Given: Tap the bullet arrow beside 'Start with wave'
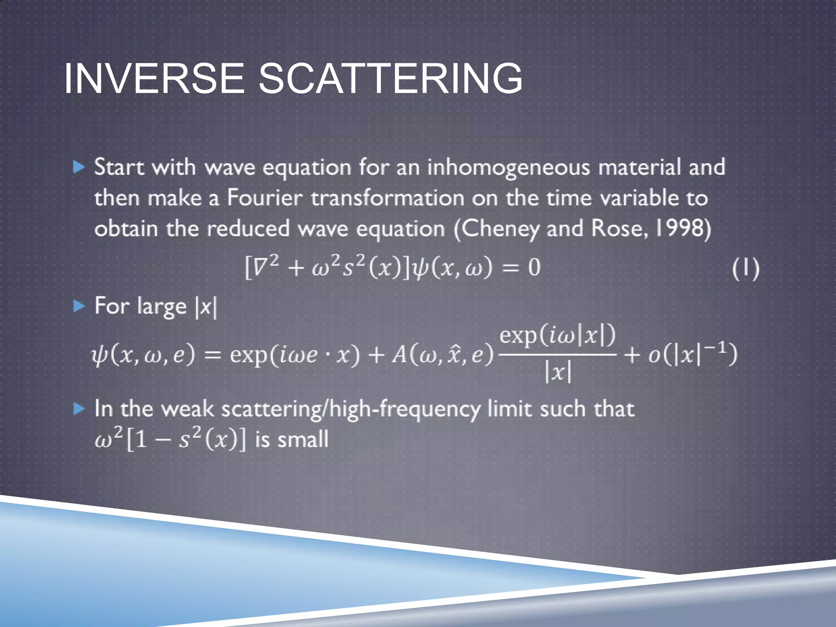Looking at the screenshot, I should coord(79,167).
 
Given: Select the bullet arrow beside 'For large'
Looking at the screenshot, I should coord(79,306).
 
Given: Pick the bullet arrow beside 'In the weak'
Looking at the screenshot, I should coord(79,409).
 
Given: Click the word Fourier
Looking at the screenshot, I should coord(265,198).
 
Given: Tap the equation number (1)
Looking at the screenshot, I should coord(745,268).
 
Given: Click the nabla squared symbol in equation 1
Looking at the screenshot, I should coord(262,267).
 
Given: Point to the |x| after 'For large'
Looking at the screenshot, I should coord(207,307).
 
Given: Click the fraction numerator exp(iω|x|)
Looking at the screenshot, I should coord(557,336).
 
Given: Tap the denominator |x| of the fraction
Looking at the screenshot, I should coord(558,372).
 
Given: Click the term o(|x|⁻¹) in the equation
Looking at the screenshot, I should coord(693,354).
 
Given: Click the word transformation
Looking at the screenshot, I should coord(387,198).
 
